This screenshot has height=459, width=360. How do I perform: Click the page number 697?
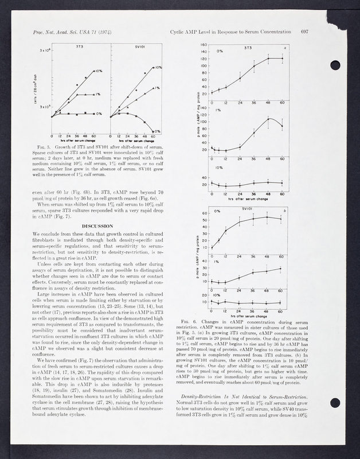[304, 31]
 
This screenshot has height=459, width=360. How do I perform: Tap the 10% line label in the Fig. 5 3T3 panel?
[99, 71]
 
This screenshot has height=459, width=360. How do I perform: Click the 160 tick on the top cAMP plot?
[204, 45]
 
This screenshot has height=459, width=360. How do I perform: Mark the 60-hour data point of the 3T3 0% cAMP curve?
[282, 59]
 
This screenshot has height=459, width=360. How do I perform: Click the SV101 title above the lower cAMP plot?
[248, 209]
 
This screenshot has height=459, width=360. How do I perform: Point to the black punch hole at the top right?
[335, 65]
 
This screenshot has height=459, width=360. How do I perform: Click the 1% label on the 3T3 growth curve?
[99, 94]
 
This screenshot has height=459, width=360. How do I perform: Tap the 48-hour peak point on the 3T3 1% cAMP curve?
[268, 118]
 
